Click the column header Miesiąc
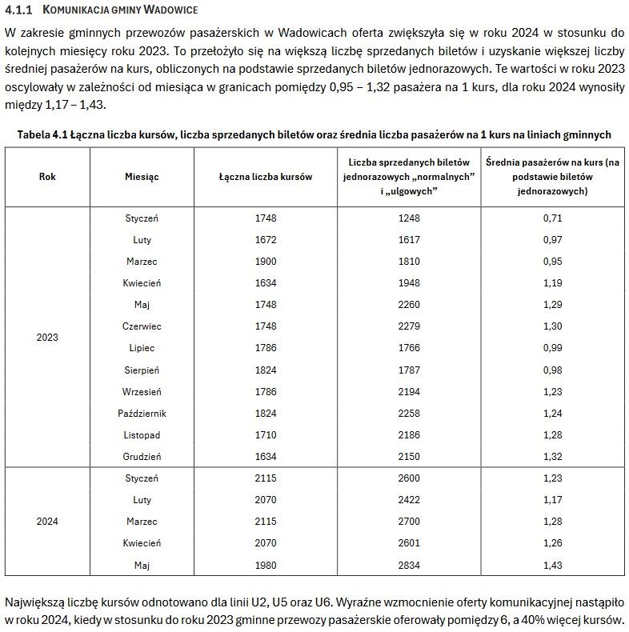pyautogui.click(x=142, y=177)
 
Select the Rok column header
pyautogui.click(x=47, y=177)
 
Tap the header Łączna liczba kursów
pyautogui.click(x=266, y=177)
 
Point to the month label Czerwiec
pyautogui.click(x=142, y=326)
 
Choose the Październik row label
pyautogui.click(x=142, y=413)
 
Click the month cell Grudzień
pyautogui.click(x=142, y=456)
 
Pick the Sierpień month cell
pyautogui.click(x=142, y=370)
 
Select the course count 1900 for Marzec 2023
pyautogui.click(x=266, y=262)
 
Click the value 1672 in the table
pyautogui.click(x=266, y=240)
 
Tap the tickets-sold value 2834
pyautogui.click(x=409, y=565)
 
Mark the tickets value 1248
pyautogui.click(x=409, y=218)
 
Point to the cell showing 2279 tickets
pyautogui.click(x=409, y=326)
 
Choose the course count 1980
pyautogui.click(x=266, y=565)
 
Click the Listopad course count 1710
pyautogui.click(x=266, y=434)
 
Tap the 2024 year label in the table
pyautogui.click(x=47, y=522)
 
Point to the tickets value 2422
pyautogui.click(x=409, y=500)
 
